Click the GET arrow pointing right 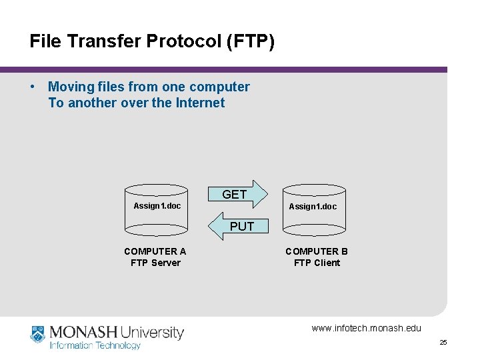(236, 194)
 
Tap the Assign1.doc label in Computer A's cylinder (157, 206)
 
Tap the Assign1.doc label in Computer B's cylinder (313, 207)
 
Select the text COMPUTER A (155, 251)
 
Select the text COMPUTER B (317, 251)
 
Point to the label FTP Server (155, 263)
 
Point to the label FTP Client (317, 263)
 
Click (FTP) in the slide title (250, 42)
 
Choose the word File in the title (45, 42)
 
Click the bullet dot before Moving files (33, 87)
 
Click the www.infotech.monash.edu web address (366, 328)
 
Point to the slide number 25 (443, 343)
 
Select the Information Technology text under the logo (95, 345)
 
